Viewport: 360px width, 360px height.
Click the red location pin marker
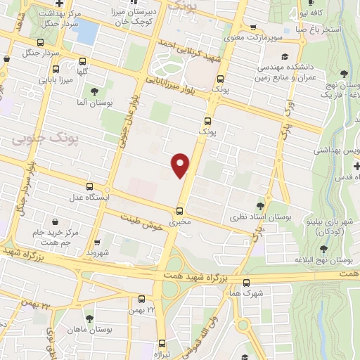(x=181, y=165)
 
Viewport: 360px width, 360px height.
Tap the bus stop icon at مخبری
(x=180, y=211)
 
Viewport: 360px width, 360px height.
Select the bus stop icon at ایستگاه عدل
(x=89, y=187)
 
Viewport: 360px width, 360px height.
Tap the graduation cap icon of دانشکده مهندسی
(x=284, y=57)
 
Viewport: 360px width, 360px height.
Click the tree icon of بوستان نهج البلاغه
(x=324, y=248)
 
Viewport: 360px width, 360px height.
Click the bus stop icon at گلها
(x=84, y=60)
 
